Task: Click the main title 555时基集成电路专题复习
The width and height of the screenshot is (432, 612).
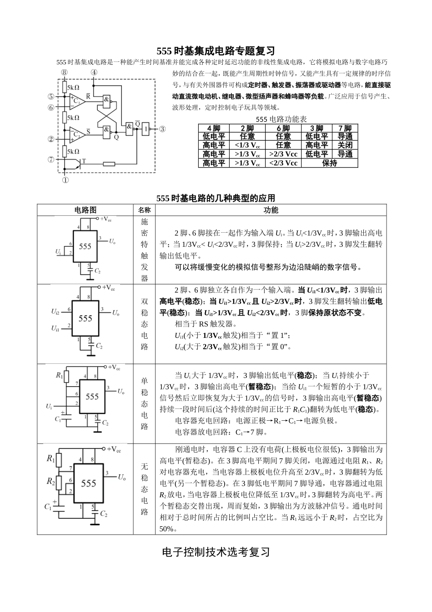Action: pos(216,51)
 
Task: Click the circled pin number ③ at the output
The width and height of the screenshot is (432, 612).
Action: pos(162,129)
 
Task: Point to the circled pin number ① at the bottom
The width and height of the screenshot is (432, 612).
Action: pos(65,180)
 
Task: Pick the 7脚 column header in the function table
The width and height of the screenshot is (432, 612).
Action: pos(345,128)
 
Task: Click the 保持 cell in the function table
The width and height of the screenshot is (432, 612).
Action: pos(329,163)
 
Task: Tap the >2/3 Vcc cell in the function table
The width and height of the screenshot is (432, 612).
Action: pos(283,154)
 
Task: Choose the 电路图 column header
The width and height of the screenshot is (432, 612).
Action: pos(85,210)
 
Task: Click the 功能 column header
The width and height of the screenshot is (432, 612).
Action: pos(271,210)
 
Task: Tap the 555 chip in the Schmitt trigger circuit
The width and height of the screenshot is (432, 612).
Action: pos(85,246)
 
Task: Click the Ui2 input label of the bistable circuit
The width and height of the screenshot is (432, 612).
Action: pos(55,311)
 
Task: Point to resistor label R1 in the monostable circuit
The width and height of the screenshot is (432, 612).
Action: pos(59,375)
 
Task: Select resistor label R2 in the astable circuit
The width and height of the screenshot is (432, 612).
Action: pos(51,481)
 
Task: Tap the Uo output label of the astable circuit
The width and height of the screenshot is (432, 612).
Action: pos(122,477)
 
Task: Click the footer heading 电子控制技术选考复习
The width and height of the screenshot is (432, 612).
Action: pos(216,552)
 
